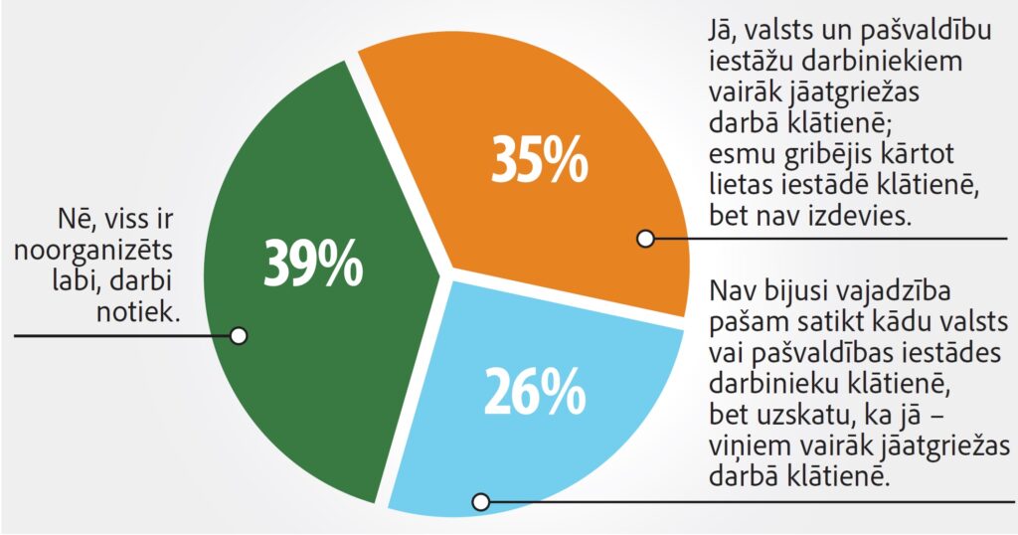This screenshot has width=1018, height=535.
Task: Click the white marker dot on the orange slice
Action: tap(645, 239)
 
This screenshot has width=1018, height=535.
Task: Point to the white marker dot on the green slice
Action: tap(238, 335)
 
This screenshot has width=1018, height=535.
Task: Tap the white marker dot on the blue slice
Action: tap(481, 501)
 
